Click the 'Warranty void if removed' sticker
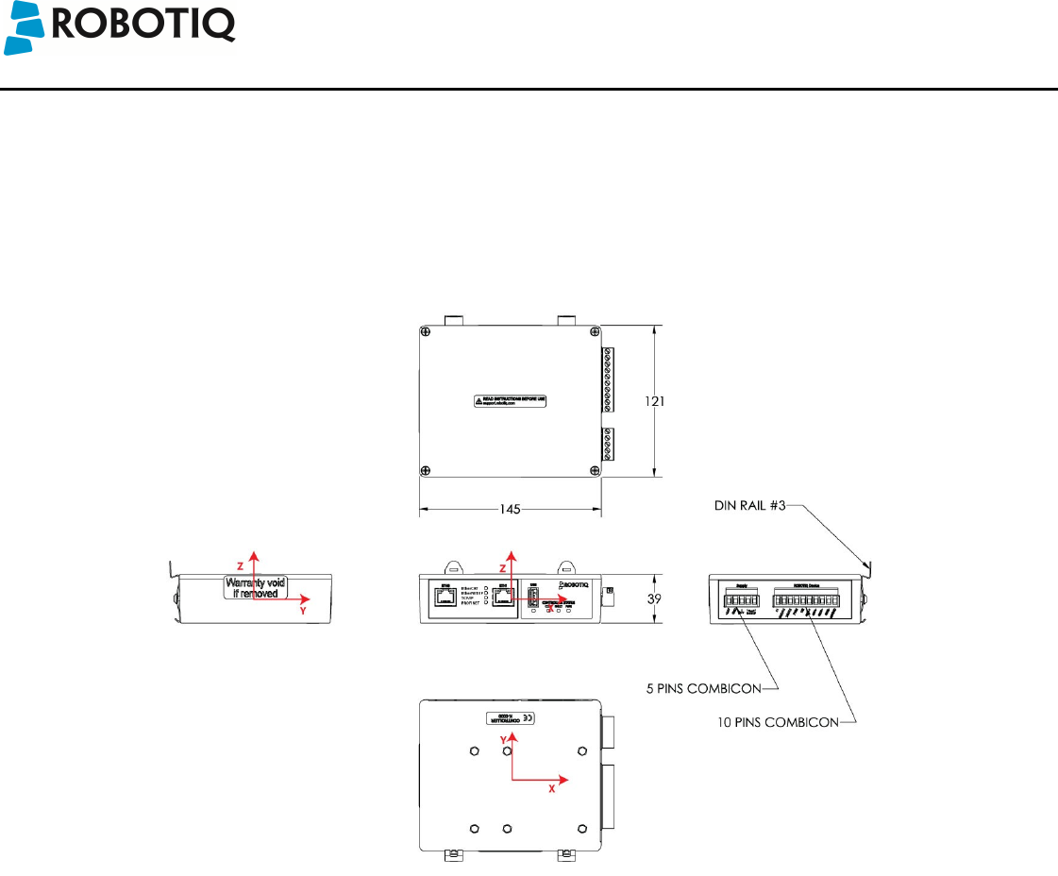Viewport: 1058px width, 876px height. pyautogui.click(x=255, y=588)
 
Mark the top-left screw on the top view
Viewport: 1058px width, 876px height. pyautogui.click(x=427, y=331)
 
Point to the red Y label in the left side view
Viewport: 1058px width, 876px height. pyautogui.click(x=302, y=611)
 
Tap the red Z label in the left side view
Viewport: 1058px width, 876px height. pyautogui.click(x=240, y=564)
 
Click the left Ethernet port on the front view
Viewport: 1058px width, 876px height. pyautogui.click(x=445, y=598)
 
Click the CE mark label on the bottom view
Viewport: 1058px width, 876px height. pyautogui.click(x=529, y=717)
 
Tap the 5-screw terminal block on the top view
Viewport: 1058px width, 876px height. pyautogui.click(x=608, y=444)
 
